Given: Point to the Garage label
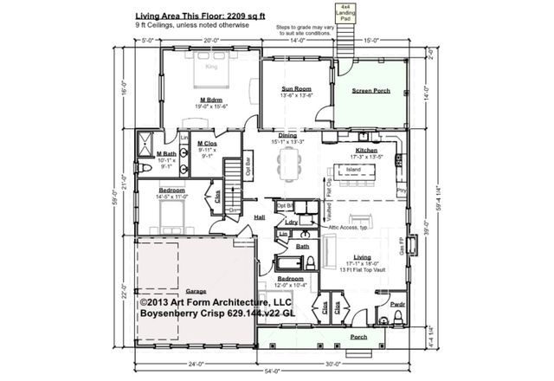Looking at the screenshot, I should [196, 292].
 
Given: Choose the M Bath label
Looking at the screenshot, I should [166, 154].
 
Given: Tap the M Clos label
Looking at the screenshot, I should [207, 144].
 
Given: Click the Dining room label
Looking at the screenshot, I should [288, 136].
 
